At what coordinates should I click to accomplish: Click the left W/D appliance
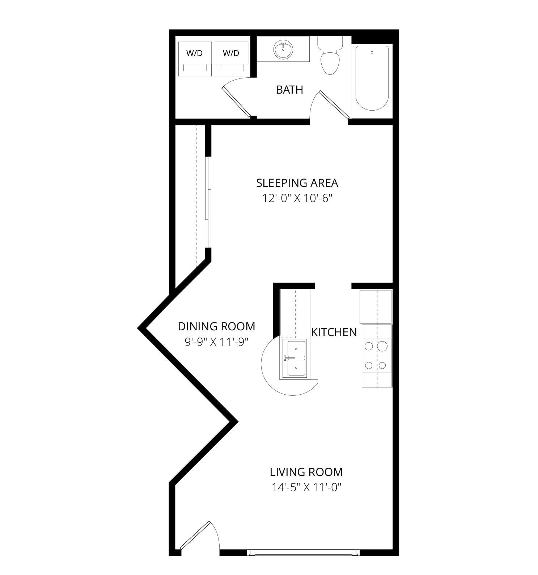(x=195, y=59)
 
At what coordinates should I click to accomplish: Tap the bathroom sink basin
(x=283, y=50)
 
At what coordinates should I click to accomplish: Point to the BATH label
(x=289, y=90)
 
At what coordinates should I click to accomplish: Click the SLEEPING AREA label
(x=297, y=183)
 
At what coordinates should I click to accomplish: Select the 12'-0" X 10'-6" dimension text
(x=297, y=198)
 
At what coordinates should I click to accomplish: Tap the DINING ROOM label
(x=216, y=326)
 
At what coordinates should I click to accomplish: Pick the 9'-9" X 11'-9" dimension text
(x=216, y=342)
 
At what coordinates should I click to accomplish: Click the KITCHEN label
(x=334, y=332)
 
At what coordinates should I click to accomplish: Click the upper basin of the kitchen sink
(x=296, y=349)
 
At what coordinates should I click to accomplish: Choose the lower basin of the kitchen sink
(x=296, y=368)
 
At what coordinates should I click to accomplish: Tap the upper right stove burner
(x=382, y=346)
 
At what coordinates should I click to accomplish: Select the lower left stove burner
(x=369, y=365)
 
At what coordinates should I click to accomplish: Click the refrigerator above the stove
(x=376, y=306)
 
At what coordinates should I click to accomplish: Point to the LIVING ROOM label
(x=306, y=472)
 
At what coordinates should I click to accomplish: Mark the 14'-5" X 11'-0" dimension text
(x=306, y=488)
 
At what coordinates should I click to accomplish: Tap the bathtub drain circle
(x=372, y=53)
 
